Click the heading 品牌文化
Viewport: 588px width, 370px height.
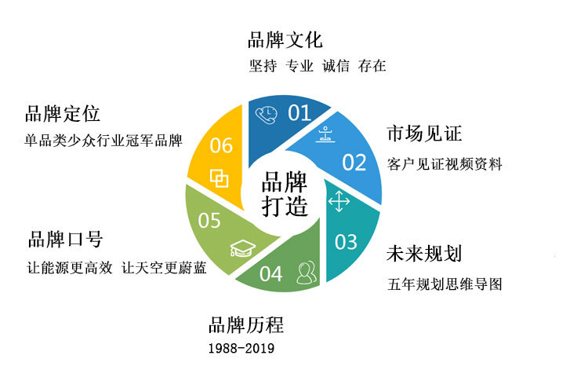click(x=285, y=40)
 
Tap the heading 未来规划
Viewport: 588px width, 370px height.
click(x=424, y=255)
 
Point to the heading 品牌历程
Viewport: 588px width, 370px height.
click(x=245, y=324)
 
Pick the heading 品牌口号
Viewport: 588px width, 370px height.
click(x=65, y=239)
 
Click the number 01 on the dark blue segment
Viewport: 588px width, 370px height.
click(x=299, y=113)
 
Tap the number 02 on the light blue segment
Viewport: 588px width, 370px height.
click(x=354, y=163)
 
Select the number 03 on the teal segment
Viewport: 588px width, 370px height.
click(x=346, y=242)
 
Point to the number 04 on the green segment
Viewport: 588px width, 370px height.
click(x=270, y=274)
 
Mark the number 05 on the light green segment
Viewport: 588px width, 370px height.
click(x=209, y=222)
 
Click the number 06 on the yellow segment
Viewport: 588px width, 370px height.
click(x=221, y=145)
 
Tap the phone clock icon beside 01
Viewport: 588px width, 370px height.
click(x=267, y=114)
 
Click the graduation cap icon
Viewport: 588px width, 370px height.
click(x=241, y=249)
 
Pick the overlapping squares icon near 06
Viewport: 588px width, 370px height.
click(x=220, y=178)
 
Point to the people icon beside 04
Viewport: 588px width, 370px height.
click(x=306, y=273)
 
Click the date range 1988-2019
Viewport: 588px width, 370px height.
click(x=242, y=348)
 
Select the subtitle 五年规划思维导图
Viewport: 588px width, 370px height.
click(x=445, y=284)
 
